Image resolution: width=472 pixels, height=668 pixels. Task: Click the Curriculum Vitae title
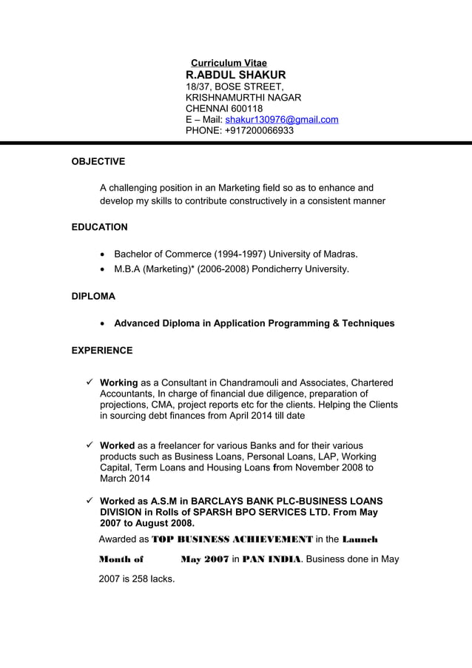[229, 64]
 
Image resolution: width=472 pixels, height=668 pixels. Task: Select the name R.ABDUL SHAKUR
[235, 75]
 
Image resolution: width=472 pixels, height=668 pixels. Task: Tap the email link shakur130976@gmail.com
[282, 120]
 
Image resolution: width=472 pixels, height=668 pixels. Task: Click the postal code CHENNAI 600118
[223, 109]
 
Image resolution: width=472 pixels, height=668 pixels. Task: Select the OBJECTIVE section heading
[98, 161]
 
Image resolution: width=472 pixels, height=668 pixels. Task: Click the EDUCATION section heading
[99, 227]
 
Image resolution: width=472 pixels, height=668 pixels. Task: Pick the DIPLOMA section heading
[93, 296]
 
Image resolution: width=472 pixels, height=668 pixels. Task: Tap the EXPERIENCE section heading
[102, 351]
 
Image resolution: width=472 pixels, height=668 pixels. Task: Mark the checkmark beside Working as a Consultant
[90, 382]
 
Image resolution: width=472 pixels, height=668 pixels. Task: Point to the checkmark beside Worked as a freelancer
[90, 445]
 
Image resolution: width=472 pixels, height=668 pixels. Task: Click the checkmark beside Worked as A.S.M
[90, 501]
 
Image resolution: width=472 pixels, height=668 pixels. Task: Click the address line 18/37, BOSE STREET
[234, 87]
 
